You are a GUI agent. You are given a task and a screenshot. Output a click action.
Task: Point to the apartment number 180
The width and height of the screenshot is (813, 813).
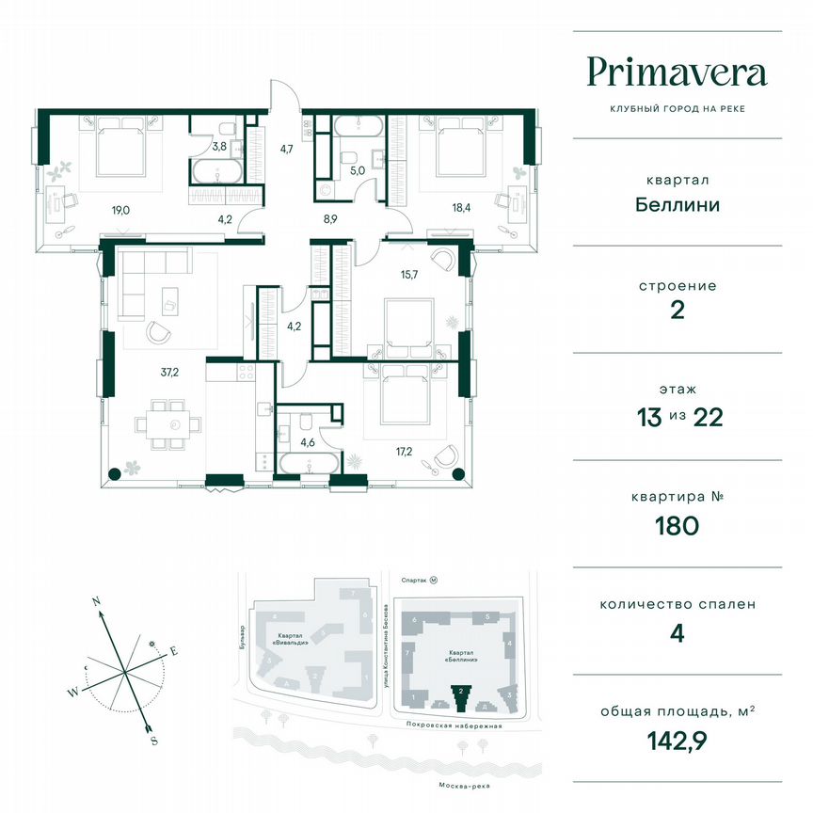[677, 524]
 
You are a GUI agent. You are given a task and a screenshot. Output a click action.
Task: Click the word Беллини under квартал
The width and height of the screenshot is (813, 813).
[677, 204]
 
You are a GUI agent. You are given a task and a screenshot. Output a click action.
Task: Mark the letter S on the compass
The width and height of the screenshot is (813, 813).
[153, 740]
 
